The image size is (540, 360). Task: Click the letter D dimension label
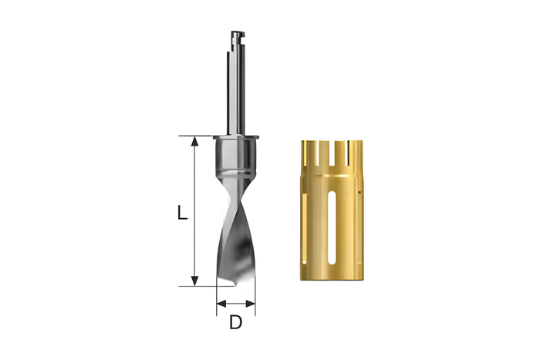tap(236, 322)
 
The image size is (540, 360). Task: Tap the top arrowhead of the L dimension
tap(195, 141)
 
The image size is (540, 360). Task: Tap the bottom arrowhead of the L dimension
tap(195, 281)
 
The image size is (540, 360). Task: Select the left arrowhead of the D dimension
tap(221, 304)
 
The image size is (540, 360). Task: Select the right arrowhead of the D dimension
tap(251, 304)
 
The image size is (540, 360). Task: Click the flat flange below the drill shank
tap(235, 137)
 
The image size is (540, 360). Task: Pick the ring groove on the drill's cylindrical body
tap(235, 171)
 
